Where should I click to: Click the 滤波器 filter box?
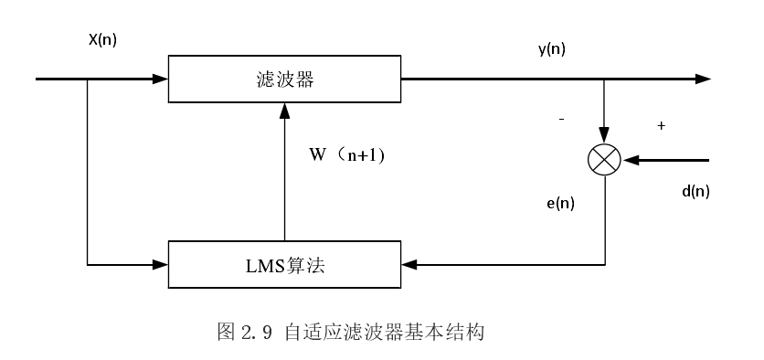pyautogui.click(x=284, y=79)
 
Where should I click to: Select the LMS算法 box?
pyautogui.click(x=284, y=265)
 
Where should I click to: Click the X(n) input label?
pyautogui.click(x=102, y=40)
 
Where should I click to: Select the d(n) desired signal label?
pyautogui.click(x=695, y=191)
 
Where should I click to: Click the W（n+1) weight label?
pyautogui.click(x=348, y=154)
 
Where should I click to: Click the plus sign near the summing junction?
pyautogui.click(x=661, y=125)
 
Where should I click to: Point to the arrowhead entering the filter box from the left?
pyautogui.click(x=161, y=79)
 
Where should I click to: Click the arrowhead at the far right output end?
pyautogui.click(x=703, y=79)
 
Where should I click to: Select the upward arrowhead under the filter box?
pyautogui.click(x=284, y=111)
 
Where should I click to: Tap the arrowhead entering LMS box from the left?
pyautogui.click(x=161, y=265)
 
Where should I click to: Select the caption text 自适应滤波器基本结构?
pyautogui.click(x=383, y=332)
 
